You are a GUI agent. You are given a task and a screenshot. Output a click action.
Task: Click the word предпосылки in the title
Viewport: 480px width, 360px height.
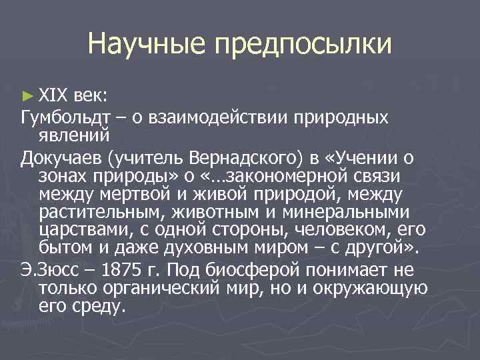pos(303,45)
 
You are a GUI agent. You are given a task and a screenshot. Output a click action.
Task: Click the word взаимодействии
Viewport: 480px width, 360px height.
pos(214,118)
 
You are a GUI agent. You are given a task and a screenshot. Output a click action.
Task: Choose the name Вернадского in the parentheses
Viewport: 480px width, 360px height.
pos(233,158)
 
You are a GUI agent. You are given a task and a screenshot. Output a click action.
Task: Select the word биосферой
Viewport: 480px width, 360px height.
pos(266,270)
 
